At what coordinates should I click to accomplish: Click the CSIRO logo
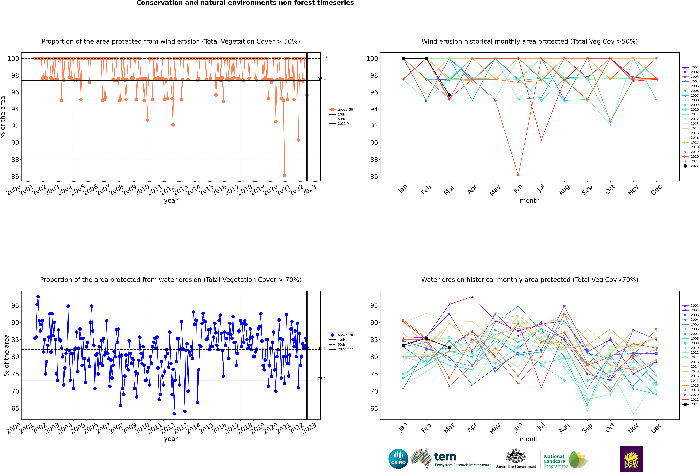398,459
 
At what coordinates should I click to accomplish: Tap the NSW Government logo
631,459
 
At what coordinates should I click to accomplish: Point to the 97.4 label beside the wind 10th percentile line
322,79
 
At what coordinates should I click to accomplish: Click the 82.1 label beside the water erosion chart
322,348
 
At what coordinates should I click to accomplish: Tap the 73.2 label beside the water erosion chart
322,379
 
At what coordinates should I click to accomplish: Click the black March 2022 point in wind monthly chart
449,95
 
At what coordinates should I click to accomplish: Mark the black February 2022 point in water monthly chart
426,338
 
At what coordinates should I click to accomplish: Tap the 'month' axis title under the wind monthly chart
530,201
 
